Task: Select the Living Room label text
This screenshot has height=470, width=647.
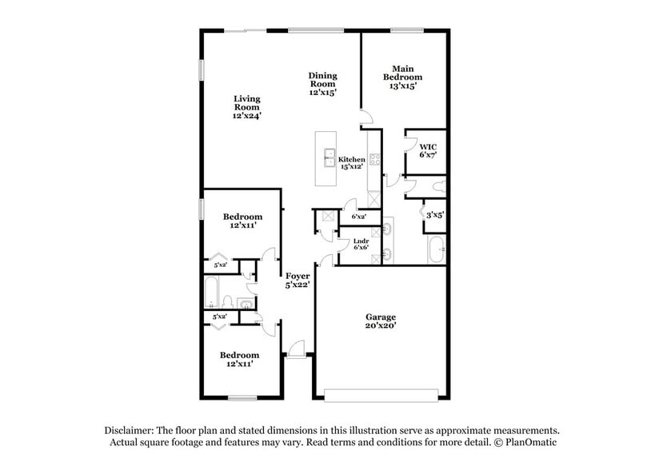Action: [248, 107]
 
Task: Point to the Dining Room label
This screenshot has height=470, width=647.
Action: [323, 84]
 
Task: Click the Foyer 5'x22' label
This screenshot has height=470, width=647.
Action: [297, 280]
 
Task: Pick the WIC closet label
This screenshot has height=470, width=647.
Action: [428, 149]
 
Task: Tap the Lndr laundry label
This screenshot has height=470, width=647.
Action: [360, 243]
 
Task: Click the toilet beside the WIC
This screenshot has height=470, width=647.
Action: [437, 187]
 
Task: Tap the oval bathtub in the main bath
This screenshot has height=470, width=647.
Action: [436, 250]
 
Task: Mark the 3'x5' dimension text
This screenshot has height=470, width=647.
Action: [435, 215]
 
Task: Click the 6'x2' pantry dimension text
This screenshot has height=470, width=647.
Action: [359, 217]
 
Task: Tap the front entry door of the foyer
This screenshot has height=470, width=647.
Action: [296, 350]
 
